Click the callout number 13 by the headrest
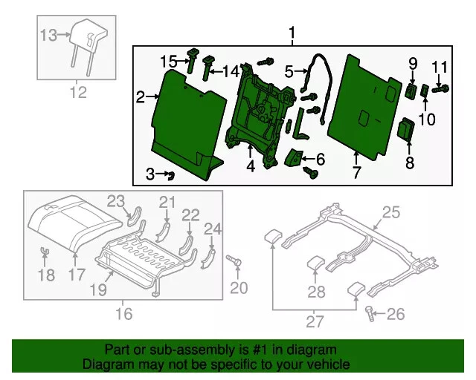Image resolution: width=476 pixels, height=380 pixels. tap(48, 35)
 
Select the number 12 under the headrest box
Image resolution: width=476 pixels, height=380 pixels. tap(78, 93)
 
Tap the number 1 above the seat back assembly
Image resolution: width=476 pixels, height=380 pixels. tap(292, 33)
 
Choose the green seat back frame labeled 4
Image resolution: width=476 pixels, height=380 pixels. tap(257, 111)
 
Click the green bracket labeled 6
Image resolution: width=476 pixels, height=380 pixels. tap(295, 157)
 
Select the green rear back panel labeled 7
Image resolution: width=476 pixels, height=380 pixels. tap(364, 104)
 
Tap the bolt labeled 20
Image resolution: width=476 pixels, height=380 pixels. tap(236, 261)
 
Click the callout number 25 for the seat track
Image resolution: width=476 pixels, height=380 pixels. tap(391, 214)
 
